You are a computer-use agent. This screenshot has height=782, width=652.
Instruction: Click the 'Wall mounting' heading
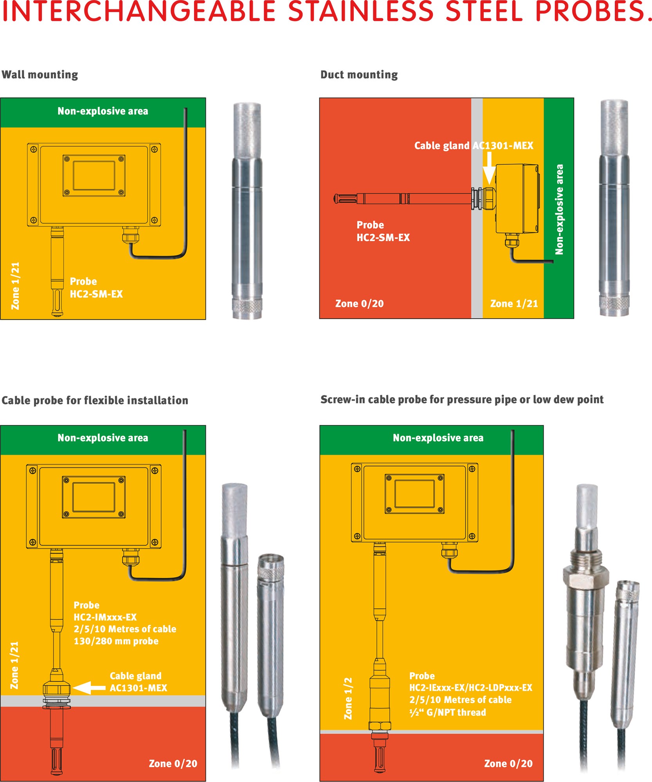(x=40, y=75)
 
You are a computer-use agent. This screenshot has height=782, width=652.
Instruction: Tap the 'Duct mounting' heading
(x=359, y=75)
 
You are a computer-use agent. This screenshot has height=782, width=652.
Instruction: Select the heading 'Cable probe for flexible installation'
(x=95, y=400)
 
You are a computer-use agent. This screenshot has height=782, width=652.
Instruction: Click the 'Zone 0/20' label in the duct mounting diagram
(x=359, y=304)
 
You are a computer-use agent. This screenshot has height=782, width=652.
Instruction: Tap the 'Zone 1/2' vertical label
(x=348, y=698)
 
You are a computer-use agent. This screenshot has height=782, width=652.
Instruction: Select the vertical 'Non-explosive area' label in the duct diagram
(x=559, y=210)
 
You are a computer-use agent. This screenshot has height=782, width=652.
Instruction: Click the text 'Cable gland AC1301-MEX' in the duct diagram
(x=474, y=146)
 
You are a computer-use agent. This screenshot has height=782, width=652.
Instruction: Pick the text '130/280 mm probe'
(x=116, y=641)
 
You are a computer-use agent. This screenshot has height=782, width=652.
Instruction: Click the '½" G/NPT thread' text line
(x=447, y=712)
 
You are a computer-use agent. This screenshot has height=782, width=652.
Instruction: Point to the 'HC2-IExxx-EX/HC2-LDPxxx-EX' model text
(x=470, y=688)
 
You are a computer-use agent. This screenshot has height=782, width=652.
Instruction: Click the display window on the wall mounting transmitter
(x=94, y=176)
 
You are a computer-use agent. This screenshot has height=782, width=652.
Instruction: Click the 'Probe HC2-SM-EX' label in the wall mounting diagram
(x=96, y=288)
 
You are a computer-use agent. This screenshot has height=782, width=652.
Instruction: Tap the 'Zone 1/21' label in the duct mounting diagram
(x=514, y=304)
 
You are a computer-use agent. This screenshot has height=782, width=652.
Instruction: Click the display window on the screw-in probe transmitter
(x=414, y=493)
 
